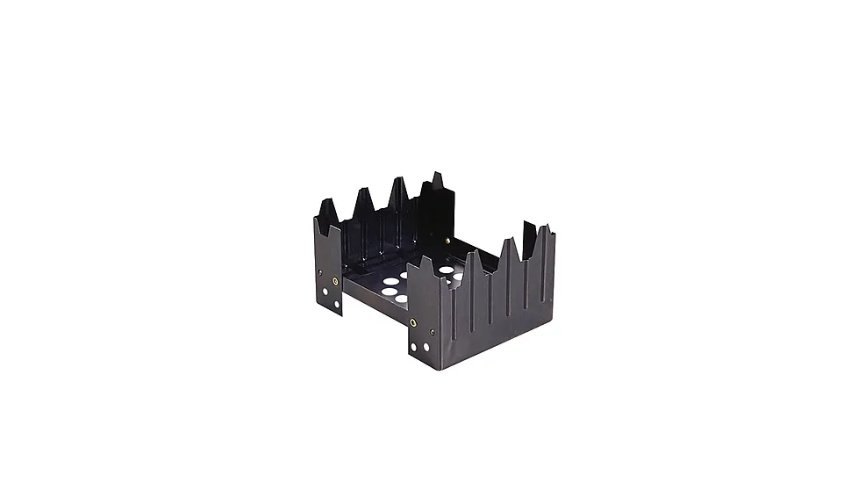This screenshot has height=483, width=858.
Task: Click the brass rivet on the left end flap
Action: coord(335,281)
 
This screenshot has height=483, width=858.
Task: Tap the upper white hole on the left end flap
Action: coord(325,292)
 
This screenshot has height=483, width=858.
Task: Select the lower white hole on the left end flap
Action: coord(338,305)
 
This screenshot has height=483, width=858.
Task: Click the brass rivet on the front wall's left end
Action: coord(413,322)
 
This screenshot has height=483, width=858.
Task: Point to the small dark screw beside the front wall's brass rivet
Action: coord(432,332)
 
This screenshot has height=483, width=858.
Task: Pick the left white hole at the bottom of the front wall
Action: coord(417,346)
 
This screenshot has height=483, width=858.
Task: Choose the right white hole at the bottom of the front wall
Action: coord(427,347)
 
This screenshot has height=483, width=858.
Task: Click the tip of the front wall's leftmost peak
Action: coord(425,257)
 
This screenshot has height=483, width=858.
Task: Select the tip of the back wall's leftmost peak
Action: coord(325,200)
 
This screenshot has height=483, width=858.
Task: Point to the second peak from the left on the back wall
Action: coord(363,189)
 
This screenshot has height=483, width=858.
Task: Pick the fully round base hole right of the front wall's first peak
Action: coord(447,270)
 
